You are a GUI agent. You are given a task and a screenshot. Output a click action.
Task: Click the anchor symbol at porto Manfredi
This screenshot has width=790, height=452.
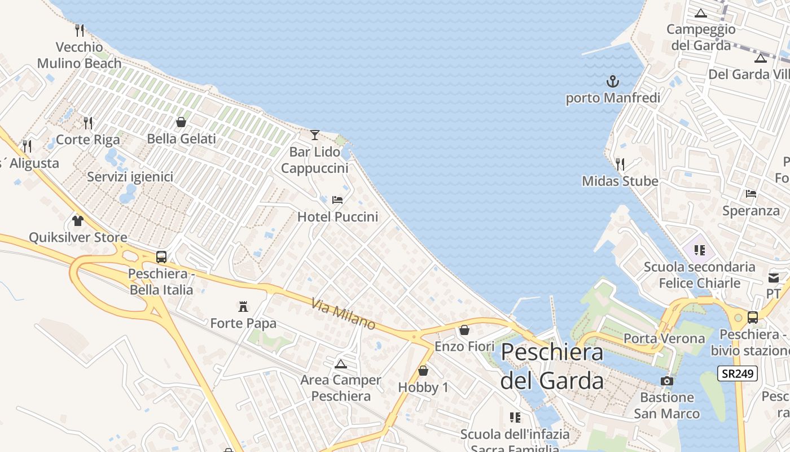613,82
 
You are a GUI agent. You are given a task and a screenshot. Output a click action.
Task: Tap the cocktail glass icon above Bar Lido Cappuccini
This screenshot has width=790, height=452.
315,134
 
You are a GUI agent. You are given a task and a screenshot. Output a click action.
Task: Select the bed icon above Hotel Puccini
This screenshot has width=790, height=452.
337,199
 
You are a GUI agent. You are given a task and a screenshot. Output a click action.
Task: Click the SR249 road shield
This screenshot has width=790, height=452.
738,373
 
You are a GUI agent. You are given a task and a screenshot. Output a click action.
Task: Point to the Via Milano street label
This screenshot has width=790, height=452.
343,314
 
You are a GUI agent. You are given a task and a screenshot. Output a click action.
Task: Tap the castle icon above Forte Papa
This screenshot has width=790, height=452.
243,307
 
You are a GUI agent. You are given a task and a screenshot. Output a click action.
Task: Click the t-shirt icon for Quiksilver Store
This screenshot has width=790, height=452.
78,220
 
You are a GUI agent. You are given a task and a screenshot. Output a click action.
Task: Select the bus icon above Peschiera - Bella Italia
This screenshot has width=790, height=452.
161,257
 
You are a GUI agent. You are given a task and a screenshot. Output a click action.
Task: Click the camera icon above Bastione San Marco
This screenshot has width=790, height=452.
667,381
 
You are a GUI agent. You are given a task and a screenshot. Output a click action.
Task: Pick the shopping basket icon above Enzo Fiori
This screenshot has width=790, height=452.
464,329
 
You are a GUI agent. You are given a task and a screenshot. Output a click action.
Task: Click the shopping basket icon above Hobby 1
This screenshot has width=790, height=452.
423,371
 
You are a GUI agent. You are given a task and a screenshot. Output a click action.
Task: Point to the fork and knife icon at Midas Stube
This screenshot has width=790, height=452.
620,164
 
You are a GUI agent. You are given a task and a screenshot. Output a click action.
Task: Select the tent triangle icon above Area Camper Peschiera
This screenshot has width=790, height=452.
340,363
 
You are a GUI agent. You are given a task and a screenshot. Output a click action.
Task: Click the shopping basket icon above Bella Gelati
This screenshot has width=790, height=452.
181,122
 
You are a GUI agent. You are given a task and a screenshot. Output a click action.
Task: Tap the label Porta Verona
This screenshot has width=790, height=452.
664,338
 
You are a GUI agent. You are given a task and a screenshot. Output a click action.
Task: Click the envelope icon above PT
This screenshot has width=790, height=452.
774,277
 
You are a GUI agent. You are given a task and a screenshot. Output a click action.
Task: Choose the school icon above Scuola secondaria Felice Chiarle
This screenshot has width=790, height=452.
700,250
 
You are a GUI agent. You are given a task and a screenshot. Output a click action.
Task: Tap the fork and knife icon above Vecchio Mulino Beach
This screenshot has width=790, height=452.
80,30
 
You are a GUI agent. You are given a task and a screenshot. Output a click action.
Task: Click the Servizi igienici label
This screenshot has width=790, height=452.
130,177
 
